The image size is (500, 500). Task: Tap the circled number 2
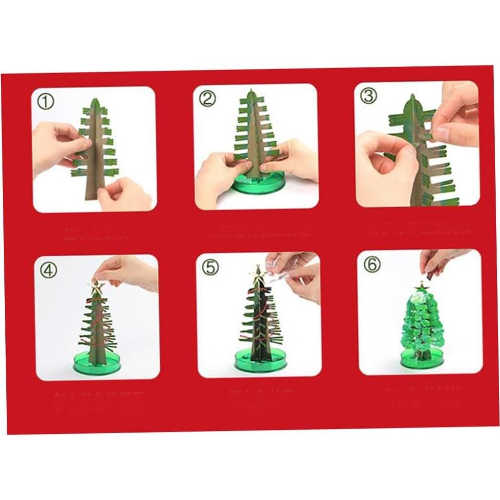coord(207,99)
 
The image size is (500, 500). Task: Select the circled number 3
coord(368,96)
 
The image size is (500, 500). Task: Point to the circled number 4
coord(48,269)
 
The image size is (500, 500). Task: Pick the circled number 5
coord(210,267)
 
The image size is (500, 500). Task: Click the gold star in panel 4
coord(96,288)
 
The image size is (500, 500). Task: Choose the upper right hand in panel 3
coord(456,117)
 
